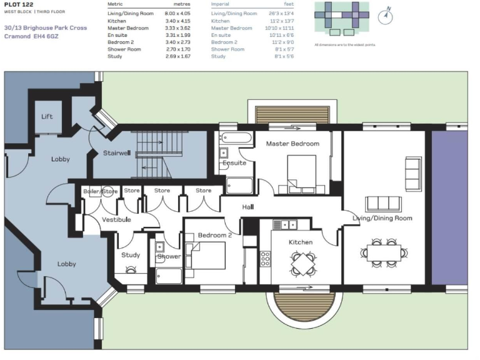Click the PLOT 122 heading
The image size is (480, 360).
coord(18,4)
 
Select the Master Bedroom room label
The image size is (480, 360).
coord(292,144)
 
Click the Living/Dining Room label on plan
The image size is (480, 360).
coord(382,218)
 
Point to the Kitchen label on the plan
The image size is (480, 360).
coord(300,242)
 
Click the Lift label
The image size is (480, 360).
coord(47,117)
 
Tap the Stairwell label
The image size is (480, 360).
coord(116,153)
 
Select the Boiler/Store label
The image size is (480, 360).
coord(100,191)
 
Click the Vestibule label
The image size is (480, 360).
coord(116,219)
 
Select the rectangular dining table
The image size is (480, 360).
coord(384,252)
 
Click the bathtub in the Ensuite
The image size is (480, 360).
coord(236,137)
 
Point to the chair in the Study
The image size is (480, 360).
coord(131,269)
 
